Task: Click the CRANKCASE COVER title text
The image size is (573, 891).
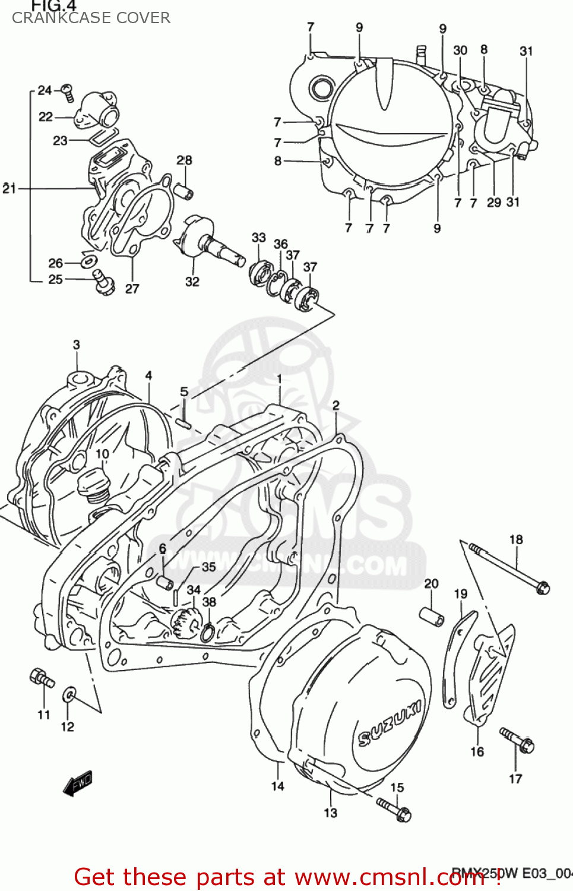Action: point(91,18)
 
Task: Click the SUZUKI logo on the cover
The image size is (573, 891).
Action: point(390,722)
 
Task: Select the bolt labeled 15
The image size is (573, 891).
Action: point(394,809)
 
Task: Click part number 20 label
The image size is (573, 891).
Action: point(431,584)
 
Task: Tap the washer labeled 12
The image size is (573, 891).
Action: point(69,694)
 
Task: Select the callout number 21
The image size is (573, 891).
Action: point(9,188)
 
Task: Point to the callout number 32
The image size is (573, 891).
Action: point(192,282)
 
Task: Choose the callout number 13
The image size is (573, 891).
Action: point(330,813)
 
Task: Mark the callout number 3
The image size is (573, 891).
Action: point(77,345)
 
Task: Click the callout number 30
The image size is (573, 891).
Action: point(460,50)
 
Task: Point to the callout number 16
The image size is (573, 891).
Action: point(477,751)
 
